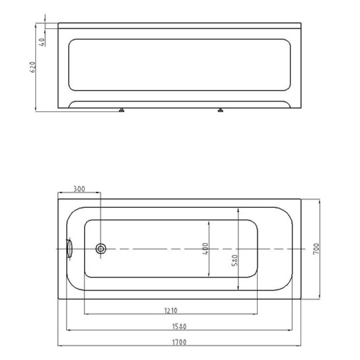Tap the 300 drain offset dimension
(79, 189)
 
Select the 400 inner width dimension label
(206, 248)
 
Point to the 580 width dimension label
(234, 260)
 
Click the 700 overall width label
(316, 248)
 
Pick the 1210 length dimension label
(171, 311)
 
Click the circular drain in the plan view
(101, 249)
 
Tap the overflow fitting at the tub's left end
(69, 248)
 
